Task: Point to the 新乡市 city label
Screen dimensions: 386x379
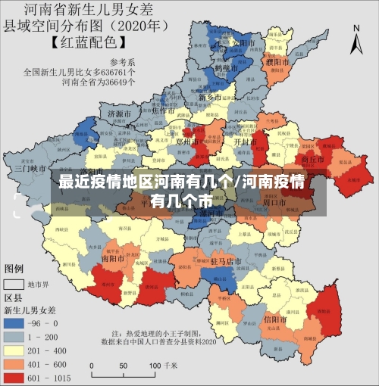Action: coord(210,98)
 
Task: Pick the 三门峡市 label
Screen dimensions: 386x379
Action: coord(30,168)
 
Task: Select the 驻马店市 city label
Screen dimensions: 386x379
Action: coord(225,261)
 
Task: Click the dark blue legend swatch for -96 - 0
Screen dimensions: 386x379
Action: coord(14,323)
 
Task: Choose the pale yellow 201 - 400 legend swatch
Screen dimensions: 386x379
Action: coord(14,349)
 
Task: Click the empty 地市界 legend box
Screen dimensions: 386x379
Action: coord(14,285)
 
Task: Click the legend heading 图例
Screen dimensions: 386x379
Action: coord(14,269)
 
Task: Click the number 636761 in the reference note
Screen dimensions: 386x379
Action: coord(119,73)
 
